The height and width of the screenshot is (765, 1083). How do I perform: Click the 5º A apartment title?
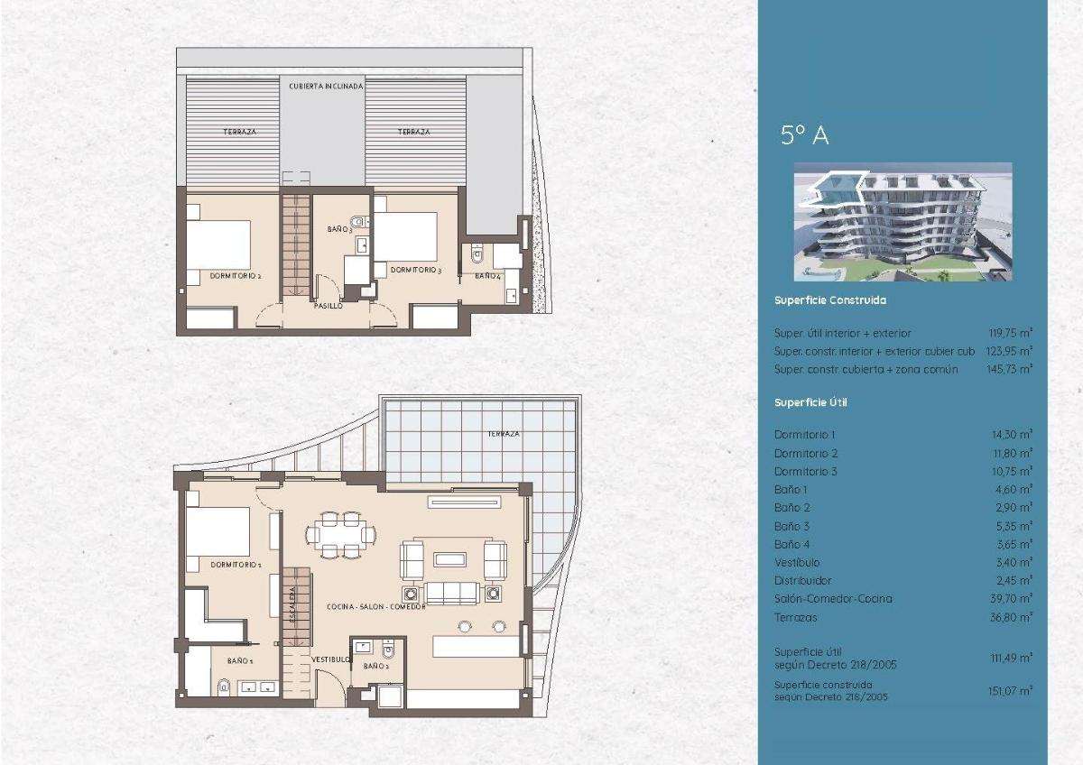804,135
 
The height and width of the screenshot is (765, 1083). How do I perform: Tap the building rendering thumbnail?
902,222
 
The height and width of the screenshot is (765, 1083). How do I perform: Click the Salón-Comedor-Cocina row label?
832,599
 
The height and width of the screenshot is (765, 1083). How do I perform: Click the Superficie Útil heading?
810,402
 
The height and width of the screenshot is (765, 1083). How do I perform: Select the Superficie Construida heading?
829,300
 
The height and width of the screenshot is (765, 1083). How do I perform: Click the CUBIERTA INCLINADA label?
326,87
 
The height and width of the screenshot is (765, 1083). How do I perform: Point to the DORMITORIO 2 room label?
235,276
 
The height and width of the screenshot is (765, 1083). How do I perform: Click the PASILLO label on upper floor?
328,307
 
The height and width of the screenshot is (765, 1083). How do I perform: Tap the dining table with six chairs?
340,534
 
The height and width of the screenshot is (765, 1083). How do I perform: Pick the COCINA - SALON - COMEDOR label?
375,607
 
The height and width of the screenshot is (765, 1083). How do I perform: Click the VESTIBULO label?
330,659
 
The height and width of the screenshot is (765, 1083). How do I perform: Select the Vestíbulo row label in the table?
796,563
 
